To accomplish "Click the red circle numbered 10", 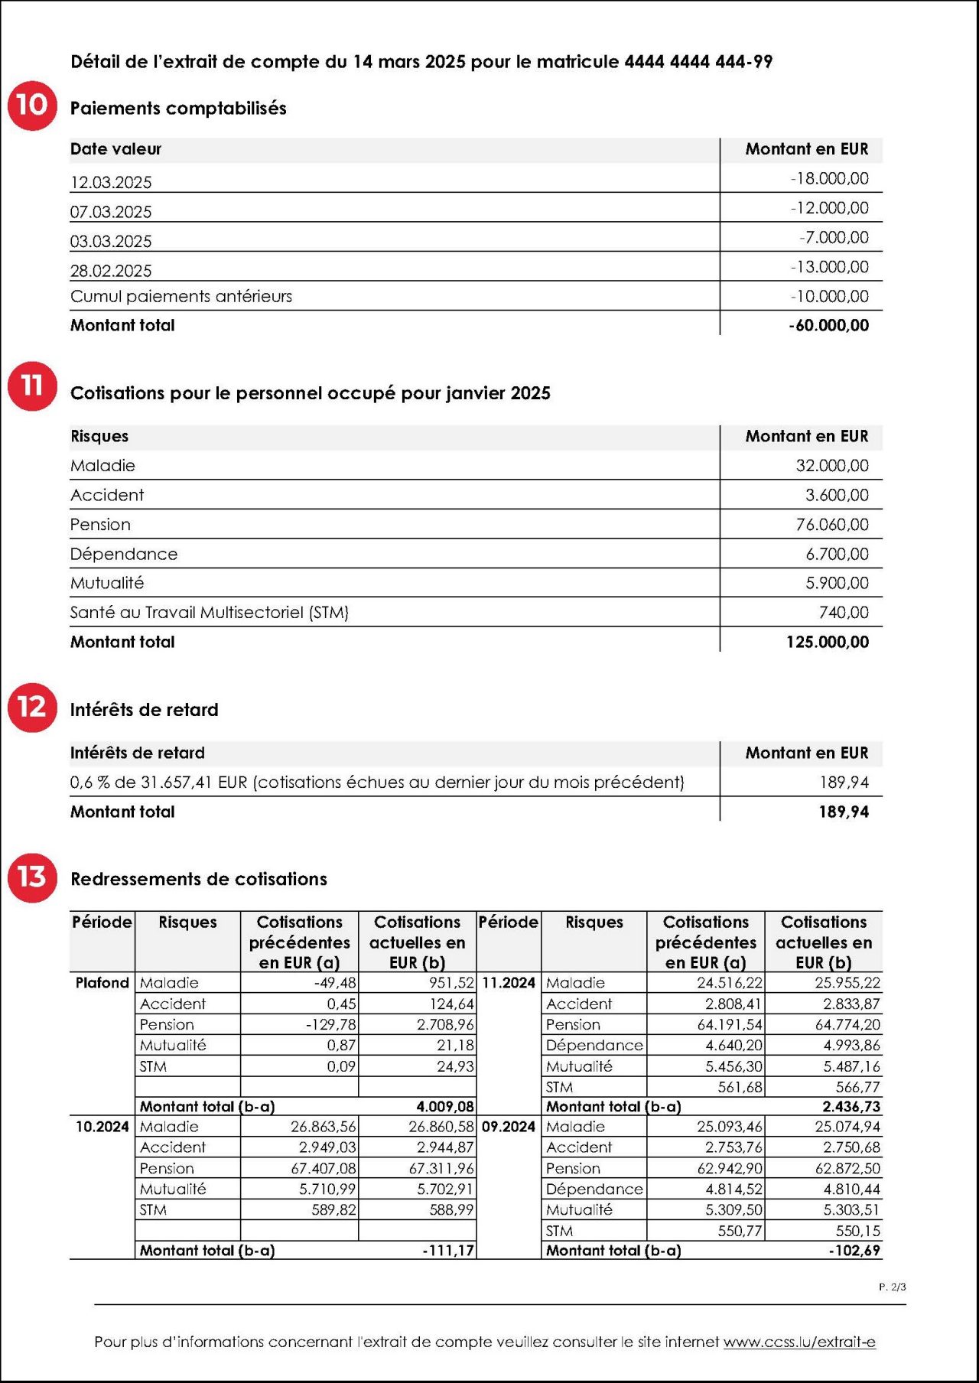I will click(32, 106).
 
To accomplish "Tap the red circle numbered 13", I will click(32, 877).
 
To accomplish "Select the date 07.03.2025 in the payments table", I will click(111, 212).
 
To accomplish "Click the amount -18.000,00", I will click(830, 179).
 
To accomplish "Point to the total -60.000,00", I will click(829, 326).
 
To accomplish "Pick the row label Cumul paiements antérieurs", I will click(181, 297).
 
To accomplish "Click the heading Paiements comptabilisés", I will click(178, 109).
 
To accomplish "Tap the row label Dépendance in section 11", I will click(124, 554).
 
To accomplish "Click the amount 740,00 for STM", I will click(844, 613).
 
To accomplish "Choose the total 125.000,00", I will click(828, 643).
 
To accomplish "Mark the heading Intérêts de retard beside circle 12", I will click(145, 710).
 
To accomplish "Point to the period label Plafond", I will click(102, 983).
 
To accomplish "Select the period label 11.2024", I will click(509, 983).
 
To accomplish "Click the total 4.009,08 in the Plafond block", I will click(445, 1107).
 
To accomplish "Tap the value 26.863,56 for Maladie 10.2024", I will click(324, 1127).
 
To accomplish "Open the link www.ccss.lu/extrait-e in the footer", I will click(799, 1342).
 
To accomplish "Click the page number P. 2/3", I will click(892, 1287).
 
